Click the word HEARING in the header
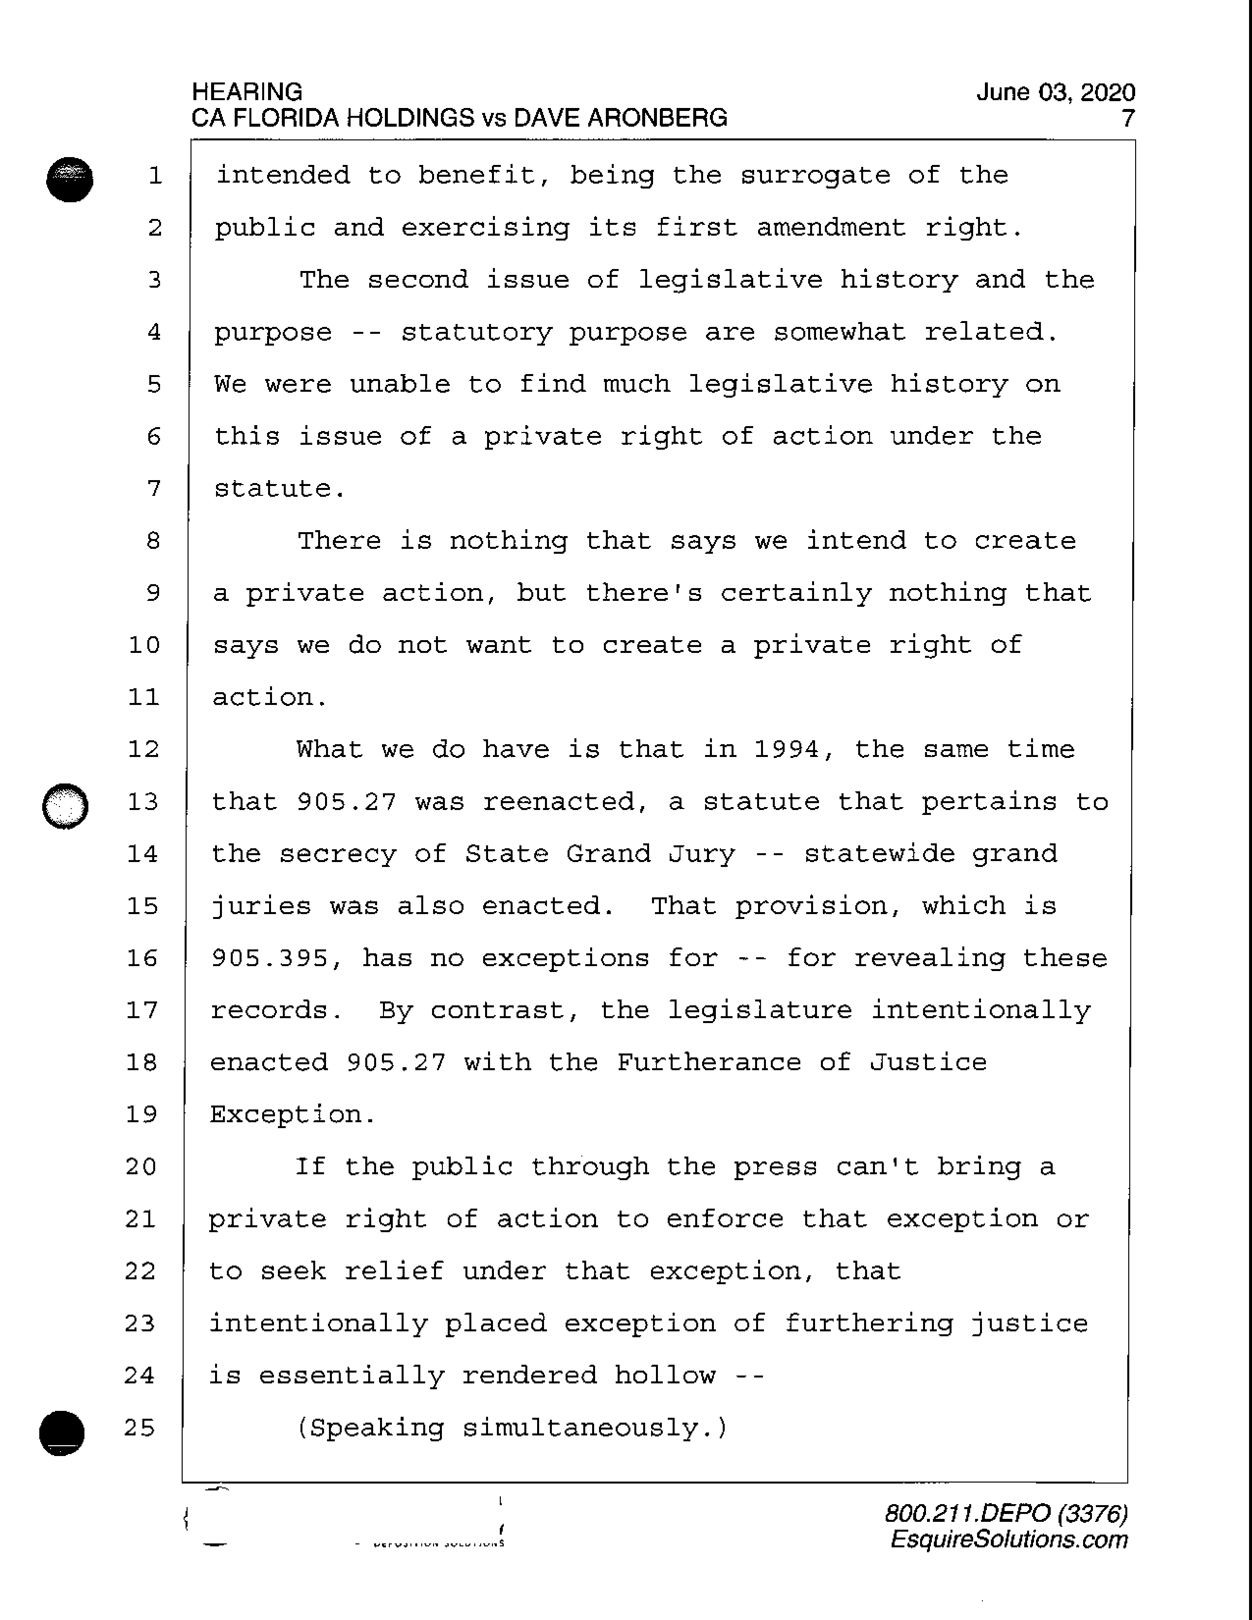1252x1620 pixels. pyautogui.click(x=247, y=92)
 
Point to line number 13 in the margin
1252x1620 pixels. pyautogui.click(x=143, y=802)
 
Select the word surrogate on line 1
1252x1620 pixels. pyautogui.click(x=815, y=175)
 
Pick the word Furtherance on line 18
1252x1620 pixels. pyautogui.click(x=708, y=1062)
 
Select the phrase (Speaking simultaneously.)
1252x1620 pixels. pyautogui.click(x=512, y=1427)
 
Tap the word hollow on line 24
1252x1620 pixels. pyautogui.click(x=665, y=1375)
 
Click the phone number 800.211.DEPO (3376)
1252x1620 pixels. pyautogui.click(x=1006, y=1513)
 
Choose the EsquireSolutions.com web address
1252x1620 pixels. pyautogui.click(x=1009, y=1539)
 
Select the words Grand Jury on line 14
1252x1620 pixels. pyautogui.click(x=651, y=854)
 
